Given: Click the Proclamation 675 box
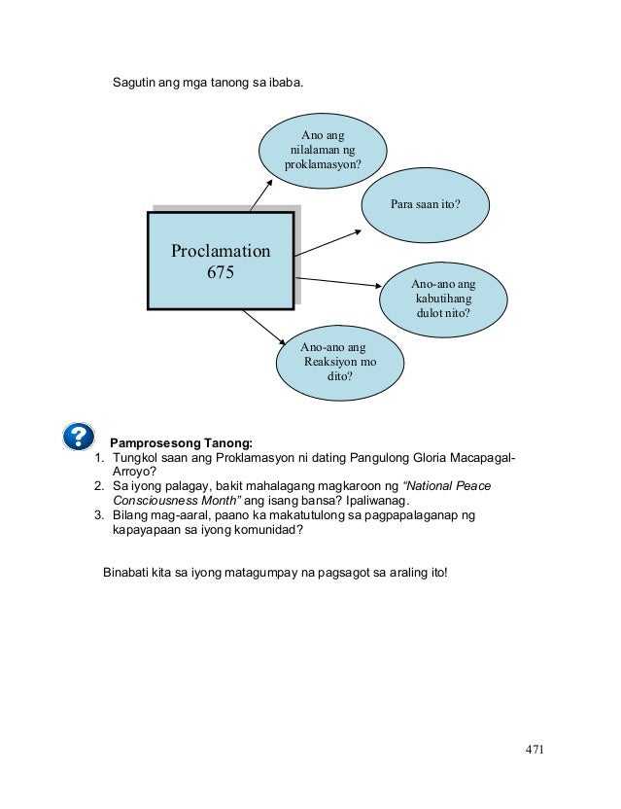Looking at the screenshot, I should click(221, 261).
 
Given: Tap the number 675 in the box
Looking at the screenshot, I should click(221, 273).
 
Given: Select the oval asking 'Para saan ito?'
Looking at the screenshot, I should click(425, 205).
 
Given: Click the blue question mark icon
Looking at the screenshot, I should click(78, 437).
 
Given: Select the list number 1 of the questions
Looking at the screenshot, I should click(97, 458).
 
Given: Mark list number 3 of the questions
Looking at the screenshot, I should click(98, 514).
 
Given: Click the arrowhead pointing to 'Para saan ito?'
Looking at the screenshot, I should click(359, 230).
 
